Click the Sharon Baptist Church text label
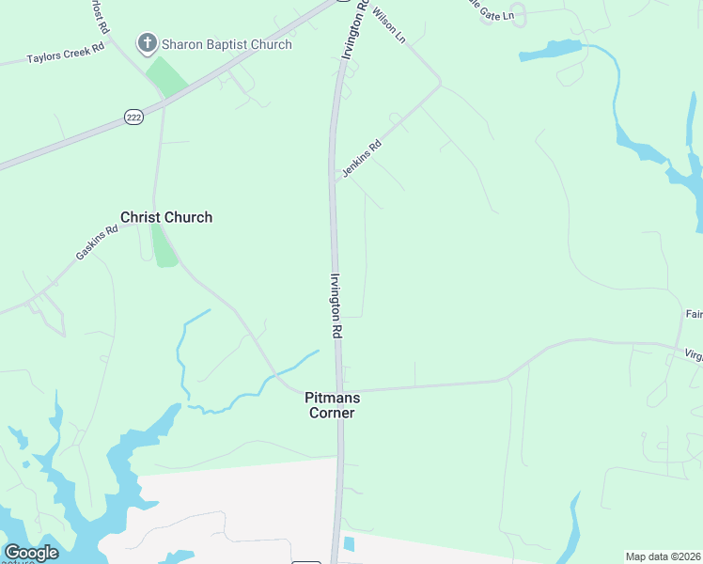(x=227, y=44)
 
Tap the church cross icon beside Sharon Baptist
(x=147, y=43)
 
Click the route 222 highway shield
(x=133, y=115)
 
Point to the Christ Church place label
(x=166, y=217)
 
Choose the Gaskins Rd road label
(x=97, y=243)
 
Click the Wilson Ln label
(x=389, y=24)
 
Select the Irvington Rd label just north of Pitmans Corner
(x=336, y=305)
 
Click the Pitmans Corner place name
(x=332, y=405)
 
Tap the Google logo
(x=31, y=553)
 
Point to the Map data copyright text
(x=664, y=556)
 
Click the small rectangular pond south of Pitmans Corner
(x=350, y=544)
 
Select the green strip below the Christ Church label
(x=164, y=247)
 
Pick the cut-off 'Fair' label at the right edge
(x=694, y=314)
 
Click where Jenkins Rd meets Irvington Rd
(x=335, y=176)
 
